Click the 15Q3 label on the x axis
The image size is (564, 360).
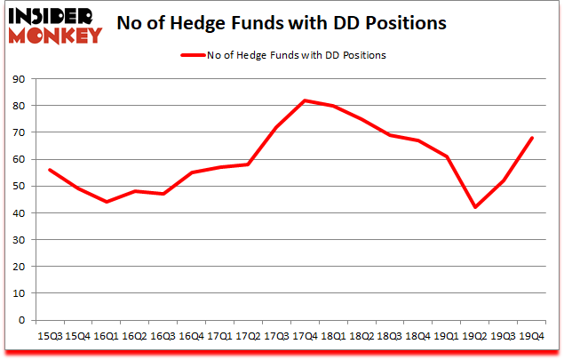click(49, 335)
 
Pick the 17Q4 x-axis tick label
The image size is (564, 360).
click(305, 335)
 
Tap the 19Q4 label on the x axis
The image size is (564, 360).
click(532, 335)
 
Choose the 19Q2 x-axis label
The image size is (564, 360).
click(475, 335)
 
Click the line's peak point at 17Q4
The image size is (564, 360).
click(305, 100)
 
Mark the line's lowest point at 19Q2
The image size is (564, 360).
click(475, 207)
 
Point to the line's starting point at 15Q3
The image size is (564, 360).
click(49, 170)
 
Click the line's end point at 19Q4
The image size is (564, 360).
click(532, 138)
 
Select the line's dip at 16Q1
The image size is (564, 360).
click(106, 202)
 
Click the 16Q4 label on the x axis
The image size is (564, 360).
click(191, 335)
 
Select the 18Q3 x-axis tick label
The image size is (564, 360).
click(390, 335)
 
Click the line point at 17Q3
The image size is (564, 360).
click(276, 127)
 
